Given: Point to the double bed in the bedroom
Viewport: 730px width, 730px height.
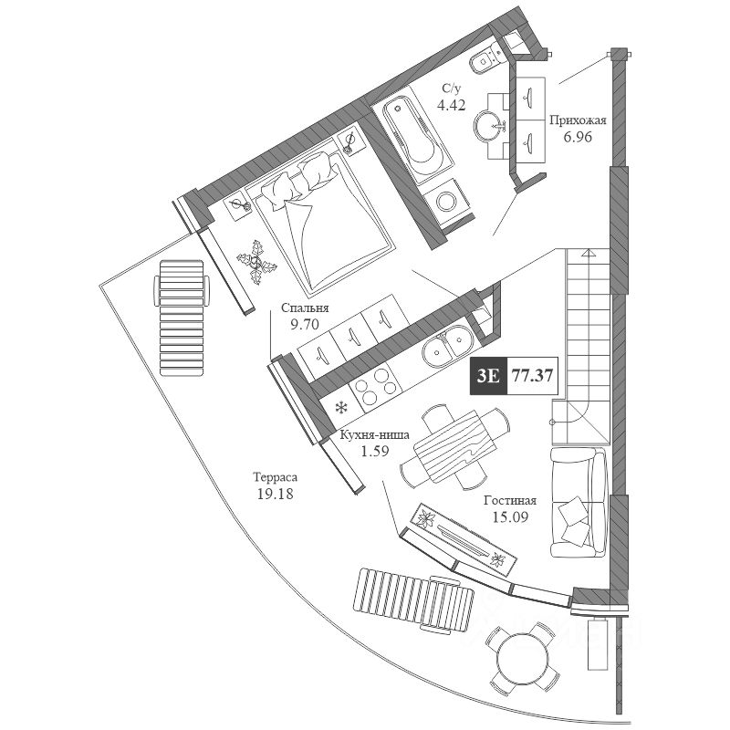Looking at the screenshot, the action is click(x=321, y=219).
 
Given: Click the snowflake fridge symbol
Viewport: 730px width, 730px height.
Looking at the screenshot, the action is click(x=343, y=408).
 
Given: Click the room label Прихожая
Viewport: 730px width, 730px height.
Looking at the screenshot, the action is click(x=578, y=120).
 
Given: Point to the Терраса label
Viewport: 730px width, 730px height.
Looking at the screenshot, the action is click(x=275, y=477).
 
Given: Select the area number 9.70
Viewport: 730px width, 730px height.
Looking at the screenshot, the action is click(x=305, y=324).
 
